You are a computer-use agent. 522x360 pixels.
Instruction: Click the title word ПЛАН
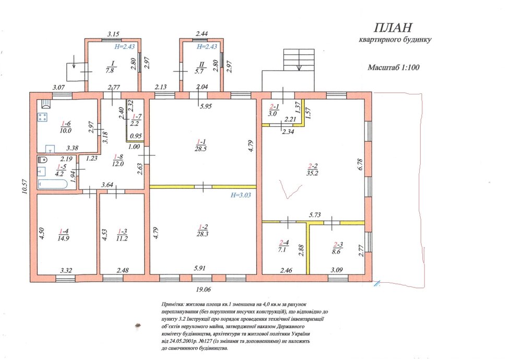coord(393,27)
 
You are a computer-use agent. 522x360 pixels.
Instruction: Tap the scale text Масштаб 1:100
coord(393,67)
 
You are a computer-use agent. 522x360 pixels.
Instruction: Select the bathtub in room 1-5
coord(53,184)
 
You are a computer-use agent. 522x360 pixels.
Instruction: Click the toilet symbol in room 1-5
coord(43,159)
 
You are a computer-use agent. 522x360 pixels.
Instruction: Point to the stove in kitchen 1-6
coord(43,117)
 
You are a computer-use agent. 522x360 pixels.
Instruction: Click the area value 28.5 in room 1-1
coord(201,149)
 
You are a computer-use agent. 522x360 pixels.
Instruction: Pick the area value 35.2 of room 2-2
coord(312,173)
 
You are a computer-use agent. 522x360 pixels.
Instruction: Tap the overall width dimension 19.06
coord(203,290)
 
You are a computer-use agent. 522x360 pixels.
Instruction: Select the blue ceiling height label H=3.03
coord(241,195)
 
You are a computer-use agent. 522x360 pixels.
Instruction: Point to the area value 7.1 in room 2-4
coord(282,250)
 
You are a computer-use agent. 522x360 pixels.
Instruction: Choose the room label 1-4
coord(64,231)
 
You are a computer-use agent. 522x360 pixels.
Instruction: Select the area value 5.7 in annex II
coord(199,71)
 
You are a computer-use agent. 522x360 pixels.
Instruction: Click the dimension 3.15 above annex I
coord(113,34)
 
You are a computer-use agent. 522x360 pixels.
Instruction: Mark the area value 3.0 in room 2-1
coord(272,113)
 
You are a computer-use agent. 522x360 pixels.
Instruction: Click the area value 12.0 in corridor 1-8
coord(118,164)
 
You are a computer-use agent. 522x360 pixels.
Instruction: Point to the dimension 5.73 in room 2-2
coord(315,215)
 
